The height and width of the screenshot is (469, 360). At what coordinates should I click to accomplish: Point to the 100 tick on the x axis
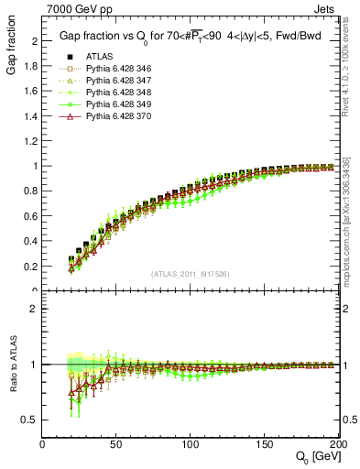(191, 443)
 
